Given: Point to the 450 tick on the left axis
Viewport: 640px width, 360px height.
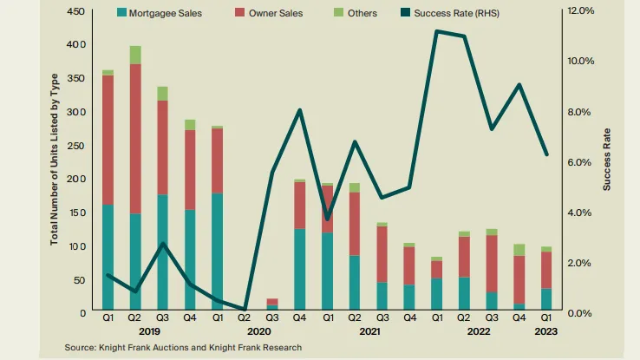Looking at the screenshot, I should coord(75,11).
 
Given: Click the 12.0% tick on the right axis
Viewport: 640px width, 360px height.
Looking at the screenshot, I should coord(579,11).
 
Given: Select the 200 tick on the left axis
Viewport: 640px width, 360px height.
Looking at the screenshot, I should coord(75,179).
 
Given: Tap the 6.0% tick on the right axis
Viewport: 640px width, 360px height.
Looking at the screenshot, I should coord(579,162).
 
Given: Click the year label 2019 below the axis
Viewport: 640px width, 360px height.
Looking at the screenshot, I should coord(148,331).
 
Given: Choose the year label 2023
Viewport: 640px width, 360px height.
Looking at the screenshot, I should coord(545,331).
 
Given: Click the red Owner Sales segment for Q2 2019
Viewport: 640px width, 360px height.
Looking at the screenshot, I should coord(135,139).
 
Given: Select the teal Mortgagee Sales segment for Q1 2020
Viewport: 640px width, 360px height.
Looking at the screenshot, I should coord(217,252).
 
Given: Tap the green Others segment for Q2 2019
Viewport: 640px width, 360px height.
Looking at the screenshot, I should coord(135,55).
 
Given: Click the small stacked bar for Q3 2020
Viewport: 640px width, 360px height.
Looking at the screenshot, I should coord(272,304).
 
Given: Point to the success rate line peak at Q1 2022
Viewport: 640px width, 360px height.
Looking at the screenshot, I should coord(436,31).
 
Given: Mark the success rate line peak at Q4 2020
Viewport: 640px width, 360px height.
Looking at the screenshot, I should coord(299,110).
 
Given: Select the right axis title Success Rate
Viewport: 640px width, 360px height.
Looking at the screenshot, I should coord(608,161).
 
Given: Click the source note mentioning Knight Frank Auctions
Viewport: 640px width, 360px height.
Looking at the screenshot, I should coord(183,347).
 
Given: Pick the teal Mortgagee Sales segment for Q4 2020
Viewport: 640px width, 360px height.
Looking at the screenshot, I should coord(299,269).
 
